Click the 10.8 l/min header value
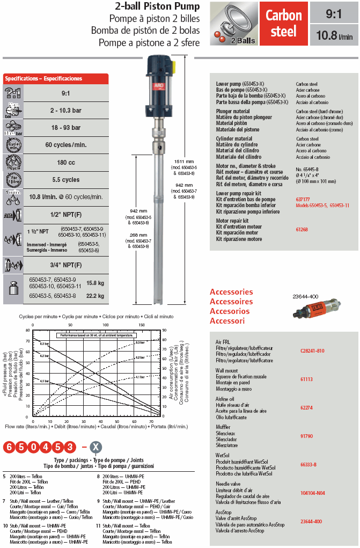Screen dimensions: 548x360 (x=334, y=36)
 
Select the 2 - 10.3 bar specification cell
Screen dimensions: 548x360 (x=66, y=110)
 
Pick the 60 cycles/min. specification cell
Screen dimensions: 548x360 (x=66, y=145)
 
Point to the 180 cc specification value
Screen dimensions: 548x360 (x=66, y=162)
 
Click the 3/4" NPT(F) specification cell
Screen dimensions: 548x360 (x=66, y=265)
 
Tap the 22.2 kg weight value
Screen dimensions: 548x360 (x=95, y=295)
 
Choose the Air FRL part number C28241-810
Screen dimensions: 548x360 (x=312, y=350)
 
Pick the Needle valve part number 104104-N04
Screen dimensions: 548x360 (x=312, y=492)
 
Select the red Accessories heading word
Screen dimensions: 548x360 (x=231, y=292)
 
